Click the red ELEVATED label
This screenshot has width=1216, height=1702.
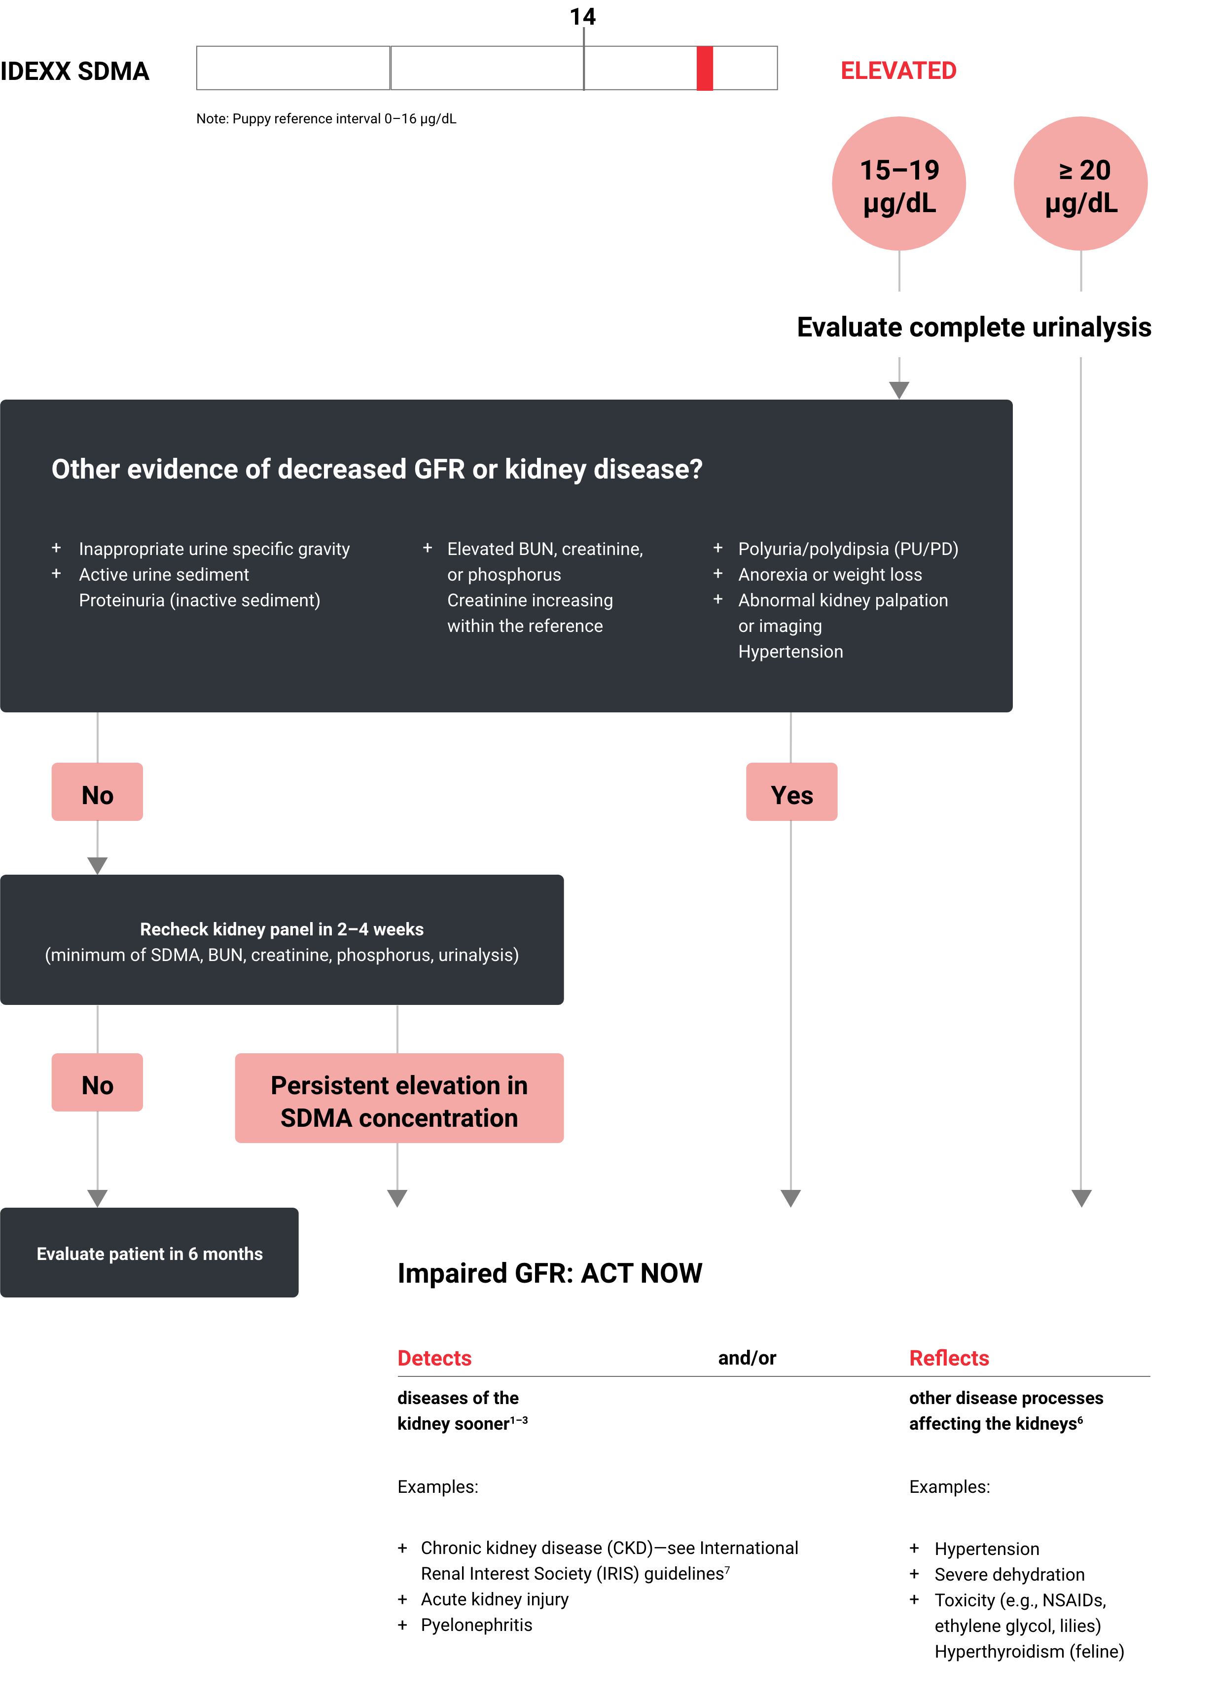[898, 71]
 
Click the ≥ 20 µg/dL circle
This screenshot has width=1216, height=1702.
[1080, 184]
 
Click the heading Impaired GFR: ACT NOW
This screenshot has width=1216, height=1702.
[550, 1273]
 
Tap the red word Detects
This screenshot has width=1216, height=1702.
[434, 1358]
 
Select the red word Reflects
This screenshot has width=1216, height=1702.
[949, 1358]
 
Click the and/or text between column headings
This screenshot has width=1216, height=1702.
[747, 1358]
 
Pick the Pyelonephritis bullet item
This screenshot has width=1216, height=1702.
[476, 1625]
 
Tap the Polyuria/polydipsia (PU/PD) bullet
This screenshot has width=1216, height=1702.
[848, 549]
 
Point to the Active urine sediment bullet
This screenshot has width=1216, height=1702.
[164, 575]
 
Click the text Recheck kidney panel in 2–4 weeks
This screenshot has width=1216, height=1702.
[282, 929]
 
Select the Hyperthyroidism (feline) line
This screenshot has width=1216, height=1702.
[1029, 1651]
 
